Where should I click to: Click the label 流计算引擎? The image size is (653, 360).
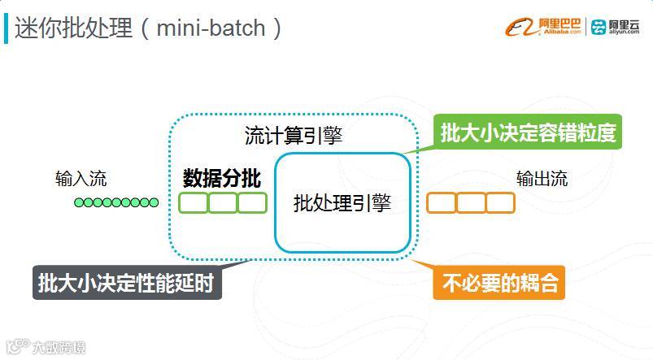[x=294, y=136]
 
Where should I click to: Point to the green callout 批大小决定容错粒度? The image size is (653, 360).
[x=529, y=132]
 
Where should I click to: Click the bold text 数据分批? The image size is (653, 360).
[x=221, y=177]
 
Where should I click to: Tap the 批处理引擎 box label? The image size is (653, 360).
[x=342, y=202]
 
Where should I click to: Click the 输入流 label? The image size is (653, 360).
[x=81, y=179]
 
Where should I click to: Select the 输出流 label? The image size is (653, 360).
[x=542, y=179]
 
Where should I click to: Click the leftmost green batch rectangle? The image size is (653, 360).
[x=194, y=202]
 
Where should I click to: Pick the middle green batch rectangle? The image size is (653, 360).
[x=223, y=202]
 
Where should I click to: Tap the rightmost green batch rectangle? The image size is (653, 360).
[x=252, y=202]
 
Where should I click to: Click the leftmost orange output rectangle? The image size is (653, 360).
[x=442, y=202]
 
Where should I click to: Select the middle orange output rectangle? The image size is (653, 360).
[x=471, y=202]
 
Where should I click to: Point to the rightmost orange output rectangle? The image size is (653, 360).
[x=500, y=202]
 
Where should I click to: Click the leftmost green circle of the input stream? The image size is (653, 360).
[x=79, y=202]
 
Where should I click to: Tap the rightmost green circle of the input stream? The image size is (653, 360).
[x=154, y=202]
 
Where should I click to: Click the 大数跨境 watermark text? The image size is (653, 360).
[x=58, y=349]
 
